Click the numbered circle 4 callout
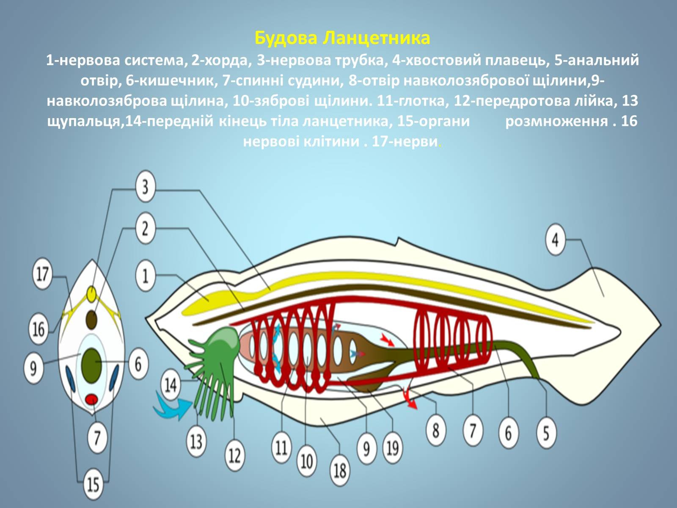click(555, 240)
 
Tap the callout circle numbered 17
click(42, 274)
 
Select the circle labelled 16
click(39, 329)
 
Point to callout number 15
click(93, 484)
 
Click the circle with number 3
click(145, 186)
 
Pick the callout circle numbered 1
click(145, 276)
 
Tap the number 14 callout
click(171, 385)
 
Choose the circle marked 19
click(392, 447)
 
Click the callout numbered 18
click(340, 470)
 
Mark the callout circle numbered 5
click(546, 433)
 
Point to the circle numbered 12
click(234, 456)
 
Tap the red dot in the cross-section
click(92, 399)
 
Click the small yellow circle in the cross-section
click(92, 293)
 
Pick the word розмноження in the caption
click(556, 121)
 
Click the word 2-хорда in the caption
click(221, 60)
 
